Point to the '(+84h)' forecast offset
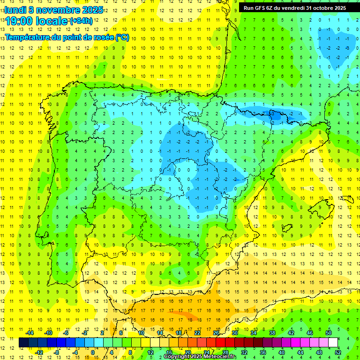(x=81, y=21)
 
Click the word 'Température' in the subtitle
(x=28, y=37)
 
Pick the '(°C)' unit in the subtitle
(x=122, y=37)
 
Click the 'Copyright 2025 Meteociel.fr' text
(x=200, y=357)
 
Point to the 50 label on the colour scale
(x=329, y=333)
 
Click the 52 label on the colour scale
(x=338, y=352)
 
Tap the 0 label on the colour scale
(x=93, y=352)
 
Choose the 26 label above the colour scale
(x=216, y=333)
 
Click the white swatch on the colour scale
(x=333, y=343)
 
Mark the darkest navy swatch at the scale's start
(x=23, y=343)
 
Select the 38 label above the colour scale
(x=272, y=333)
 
